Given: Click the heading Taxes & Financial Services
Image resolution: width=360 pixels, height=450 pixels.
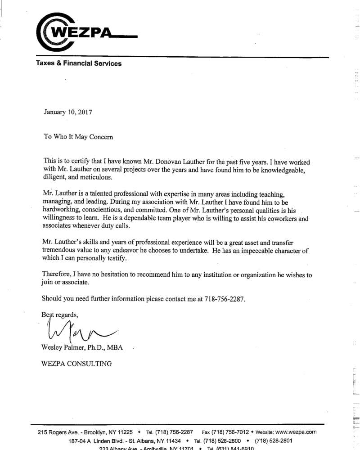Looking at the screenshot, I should [x=79, y=63].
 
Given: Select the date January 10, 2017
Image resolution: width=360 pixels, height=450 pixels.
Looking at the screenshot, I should [x=68, y=112].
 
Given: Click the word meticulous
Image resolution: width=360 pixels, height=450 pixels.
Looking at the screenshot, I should [x=96, y=177].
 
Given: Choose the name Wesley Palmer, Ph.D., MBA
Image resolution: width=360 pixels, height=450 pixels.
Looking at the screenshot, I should [x=82, y=348].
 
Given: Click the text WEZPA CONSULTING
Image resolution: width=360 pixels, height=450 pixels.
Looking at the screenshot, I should [x=76, y=364].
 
